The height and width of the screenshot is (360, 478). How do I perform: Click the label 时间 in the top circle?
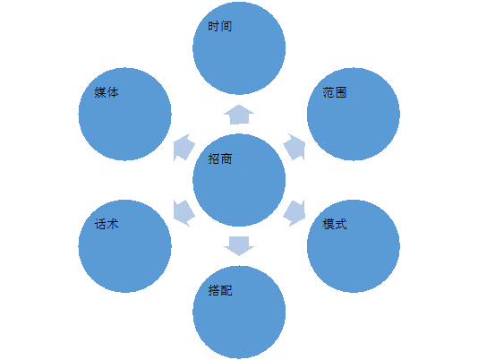[220, 26]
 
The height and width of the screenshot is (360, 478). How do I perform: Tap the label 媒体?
[107, 92]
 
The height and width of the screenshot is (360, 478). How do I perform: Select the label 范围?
[335, 92]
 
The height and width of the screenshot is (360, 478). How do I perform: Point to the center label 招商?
[220, 159]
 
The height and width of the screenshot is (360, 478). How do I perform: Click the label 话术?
[107, 224]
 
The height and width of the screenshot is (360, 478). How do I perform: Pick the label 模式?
[335, 224]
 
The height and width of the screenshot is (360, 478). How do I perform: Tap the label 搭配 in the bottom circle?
[220, 290]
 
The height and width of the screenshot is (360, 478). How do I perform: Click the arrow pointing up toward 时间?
[239, 115]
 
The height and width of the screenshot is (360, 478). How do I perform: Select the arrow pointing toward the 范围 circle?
[295, 147]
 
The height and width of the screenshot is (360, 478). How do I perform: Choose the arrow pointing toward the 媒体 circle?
[184, 147]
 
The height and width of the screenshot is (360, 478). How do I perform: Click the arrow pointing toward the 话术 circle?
[184, 213]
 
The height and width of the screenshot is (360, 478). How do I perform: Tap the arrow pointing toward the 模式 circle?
[295, 213]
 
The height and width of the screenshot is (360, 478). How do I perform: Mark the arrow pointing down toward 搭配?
[239, 246]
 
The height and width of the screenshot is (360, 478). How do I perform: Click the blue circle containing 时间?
[239, 48]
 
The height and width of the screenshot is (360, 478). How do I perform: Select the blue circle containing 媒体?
[125, 114]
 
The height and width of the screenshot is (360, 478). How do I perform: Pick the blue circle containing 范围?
[354, 114]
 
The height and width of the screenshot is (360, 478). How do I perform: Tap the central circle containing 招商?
[239, 180]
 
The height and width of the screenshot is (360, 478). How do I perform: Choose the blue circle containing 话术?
[125, 246]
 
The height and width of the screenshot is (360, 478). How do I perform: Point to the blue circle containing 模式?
[354, 246]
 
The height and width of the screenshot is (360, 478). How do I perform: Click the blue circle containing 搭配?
[239, 313]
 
